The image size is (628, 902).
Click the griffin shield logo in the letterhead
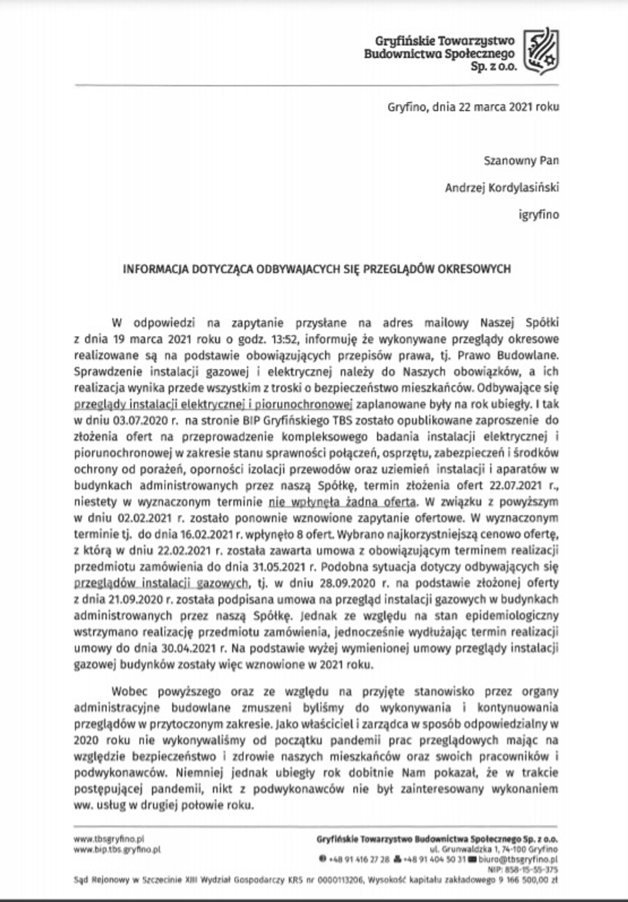pyautogui.click(x=541, y=51)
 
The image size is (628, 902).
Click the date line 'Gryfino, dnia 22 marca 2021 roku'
pyautogui.click(x=473, y=107)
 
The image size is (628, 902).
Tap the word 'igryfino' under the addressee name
pyautogui.click(x=539, y=215)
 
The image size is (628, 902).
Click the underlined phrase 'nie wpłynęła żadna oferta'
pyautogui.click(x=342, y=502)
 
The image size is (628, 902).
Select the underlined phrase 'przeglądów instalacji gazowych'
pyautogui.click(x=161, y=583)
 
